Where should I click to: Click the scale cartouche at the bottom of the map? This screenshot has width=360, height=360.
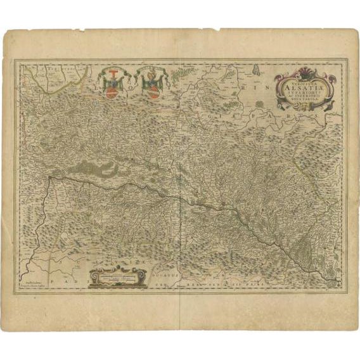coord(117,278)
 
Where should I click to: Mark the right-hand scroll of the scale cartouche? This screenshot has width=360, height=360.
coord(145,278)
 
